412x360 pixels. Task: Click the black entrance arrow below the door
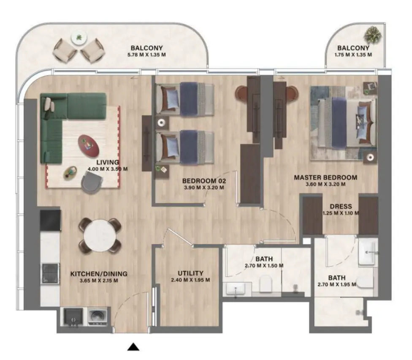[133, 347]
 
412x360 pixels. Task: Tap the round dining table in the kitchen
[100, 236]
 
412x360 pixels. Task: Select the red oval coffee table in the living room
[89, 145]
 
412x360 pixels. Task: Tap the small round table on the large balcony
[78, 38]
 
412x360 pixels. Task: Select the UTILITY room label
[190, 273]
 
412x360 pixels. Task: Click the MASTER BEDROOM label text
[325, 177]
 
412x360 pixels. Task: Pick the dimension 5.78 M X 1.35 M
[146, 55]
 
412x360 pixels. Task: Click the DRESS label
[341, 207]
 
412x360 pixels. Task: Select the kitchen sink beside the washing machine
[73, 317]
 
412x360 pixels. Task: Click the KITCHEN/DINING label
[98, 274]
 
